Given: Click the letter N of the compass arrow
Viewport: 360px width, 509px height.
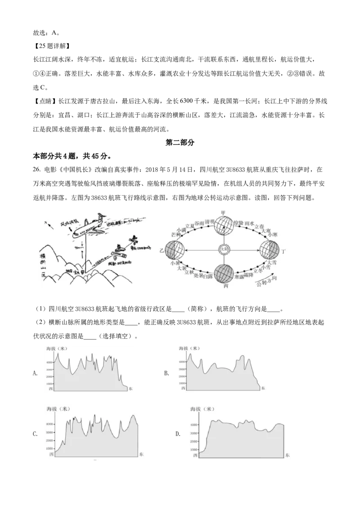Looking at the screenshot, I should coord(45,223).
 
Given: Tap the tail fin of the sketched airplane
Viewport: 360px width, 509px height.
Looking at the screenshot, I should coord(103,214).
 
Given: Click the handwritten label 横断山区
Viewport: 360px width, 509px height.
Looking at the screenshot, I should coord(44,265).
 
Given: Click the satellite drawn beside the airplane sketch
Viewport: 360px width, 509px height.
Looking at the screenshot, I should coord(135,240).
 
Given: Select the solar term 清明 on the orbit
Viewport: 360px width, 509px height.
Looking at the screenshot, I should coord(210,222).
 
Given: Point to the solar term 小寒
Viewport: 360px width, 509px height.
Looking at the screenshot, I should coord(273,235).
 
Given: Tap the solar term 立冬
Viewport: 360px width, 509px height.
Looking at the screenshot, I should coord(258,271).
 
